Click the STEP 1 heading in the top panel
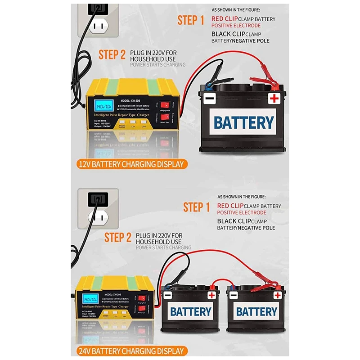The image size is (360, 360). click(x=190, y=20)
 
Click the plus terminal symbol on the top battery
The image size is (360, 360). click(x=274, y=99)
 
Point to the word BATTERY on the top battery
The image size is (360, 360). click(x=243, y=122)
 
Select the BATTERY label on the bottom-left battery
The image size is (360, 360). click(x=190, y=311)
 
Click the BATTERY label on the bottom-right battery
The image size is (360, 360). click(x=256, y=311)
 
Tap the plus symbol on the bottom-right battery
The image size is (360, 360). click(x=278, y=295)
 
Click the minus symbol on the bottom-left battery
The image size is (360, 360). click(x=167, y=296)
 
